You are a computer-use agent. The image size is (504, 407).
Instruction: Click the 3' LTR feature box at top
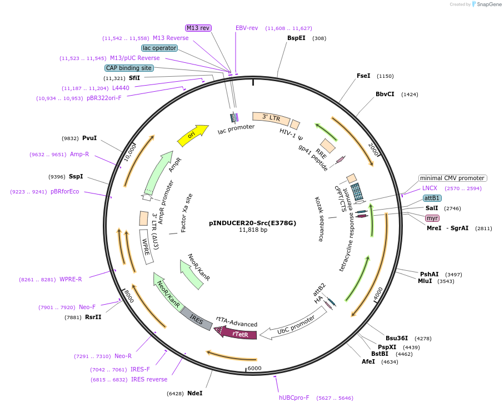click(271, 118)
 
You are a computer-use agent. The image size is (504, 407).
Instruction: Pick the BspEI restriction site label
click(296, 38)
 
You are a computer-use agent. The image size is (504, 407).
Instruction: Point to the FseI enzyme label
click(363, 76)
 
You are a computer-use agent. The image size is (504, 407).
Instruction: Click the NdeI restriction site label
click(195, 393)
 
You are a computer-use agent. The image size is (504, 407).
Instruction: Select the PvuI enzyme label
click(89, 138)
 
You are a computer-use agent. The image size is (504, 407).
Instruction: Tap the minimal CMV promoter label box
click(452, 178)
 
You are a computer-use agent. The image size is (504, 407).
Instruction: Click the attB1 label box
click(432, 198)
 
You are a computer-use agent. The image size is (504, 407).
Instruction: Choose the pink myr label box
click(432, 217)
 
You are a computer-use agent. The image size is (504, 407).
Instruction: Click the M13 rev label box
click(198, 28)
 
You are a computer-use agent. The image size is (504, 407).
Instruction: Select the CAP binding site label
click(129, 68)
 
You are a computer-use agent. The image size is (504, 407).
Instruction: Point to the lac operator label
click(159, 48)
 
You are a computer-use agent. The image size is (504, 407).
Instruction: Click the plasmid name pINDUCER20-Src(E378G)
click(252, 222)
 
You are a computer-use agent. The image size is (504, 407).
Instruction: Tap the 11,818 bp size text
click(253, 230)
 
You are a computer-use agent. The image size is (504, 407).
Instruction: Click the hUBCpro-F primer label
click(294, 398)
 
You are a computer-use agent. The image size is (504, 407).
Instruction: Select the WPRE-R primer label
click(71, 279)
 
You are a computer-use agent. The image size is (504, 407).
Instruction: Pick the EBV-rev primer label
click(247, 28)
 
